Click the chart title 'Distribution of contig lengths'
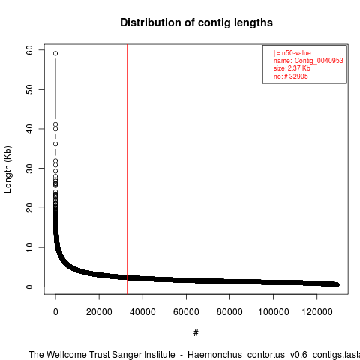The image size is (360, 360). (196, 22)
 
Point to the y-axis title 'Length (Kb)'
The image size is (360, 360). (7, 169)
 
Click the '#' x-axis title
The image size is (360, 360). (196, 333)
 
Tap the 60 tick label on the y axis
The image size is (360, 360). (29, 50)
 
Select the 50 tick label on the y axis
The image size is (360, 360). (29, 89)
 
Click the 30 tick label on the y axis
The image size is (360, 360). (29, 168)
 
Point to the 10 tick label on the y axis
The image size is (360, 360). (29, 247)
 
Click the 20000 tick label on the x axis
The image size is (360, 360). (99, 312)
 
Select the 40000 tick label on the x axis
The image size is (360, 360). (142, 312)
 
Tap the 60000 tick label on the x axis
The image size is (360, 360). (186, 312)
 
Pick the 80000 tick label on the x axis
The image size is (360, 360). (229, 312)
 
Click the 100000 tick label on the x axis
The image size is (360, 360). (274, 312)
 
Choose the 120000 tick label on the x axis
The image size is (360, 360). (317, 312)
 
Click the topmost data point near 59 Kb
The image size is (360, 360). (55, 53)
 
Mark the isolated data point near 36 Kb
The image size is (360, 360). (55, 144)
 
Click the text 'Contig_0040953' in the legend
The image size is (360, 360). (319, 61)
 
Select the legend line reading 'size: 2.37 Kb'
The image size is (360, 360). (292, 68)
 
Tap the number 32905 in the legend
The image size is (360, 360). (298, 76)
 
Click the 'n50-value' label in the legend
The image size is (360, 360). (296, 53)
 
